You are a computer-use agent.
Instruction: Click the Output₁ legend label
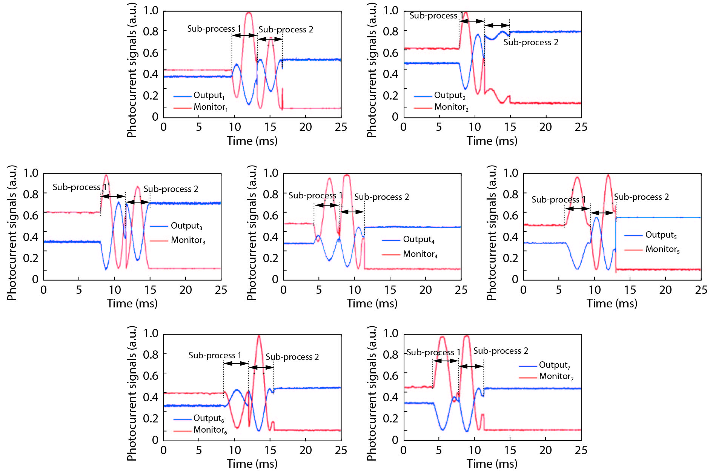pyautogui.click(x=209, y=95)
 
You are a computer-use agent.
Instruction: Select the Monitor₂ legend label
pyautogui.click(x=451, y=107)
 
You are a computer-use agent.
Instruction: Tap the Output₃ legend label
pyautogui.click(x=186, y=226)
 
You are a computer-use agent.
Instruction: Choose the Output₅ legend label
pyautogui.click(x=661, y=235)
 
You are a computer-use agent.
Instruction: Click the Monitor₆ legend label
pyautogui.click(x=210, y=430)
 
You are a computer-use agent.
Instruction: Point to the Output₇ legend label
pyautogui.click(x=555, y=365)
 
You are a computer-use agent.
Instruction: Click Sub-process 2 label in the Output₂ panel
pyautogui.click(x=531, y=42)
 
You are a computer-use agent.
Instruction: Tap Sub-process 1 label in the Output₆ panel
pyautogui.click(x=215, y=355)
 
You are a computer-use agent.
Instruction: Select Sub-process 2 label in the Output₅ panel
pyautogui.click(x=641, y=197)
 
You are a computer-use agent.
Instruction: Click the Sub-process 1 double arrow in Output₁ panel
pyautogui.click(x=244, y=35)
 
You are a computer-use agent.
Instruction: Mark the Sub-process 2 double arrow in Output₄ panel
pyautogui.click(x=352, y=212)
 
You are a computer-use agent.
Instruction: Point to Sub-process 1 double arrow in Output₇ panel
pyautogui.click(x=446, y=361)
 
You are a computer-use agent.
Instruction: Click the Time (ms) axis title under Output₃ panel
pyautogui.click(x=132, y=303)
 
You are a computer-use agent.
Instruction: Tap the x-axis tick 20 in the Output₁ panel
pyautogui.click(x=306, y=127)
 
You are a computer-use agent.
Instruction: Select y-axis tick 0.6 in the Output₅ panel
pyautogui.click(x=510, y=215)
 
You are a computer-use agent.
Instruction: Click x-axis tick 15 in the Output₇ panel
pyautogui.click(x=510, y=450)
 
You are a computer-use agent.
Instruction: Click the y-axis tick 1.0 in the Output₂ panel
pyautogui.click(x=390, y=10)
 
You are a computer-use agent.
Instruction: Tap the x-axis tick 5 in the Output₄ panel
pyautogui.click(x=319, y=290)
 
